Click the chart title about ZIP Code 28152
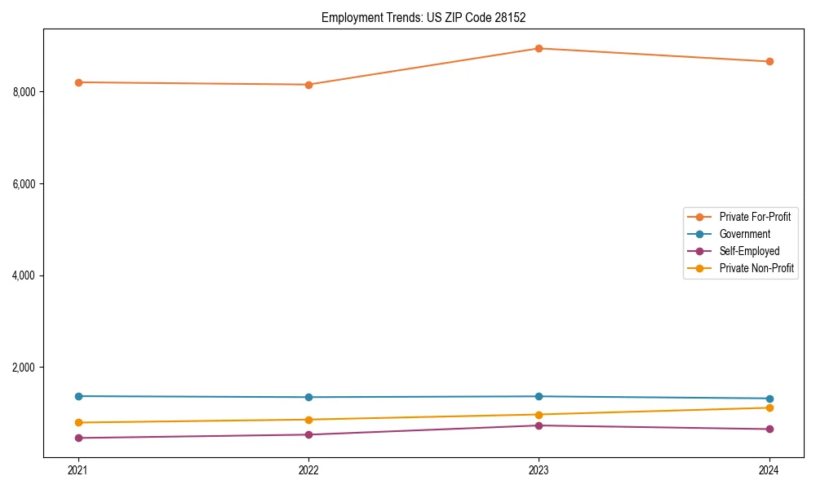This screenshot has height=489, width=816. tap(424, 17)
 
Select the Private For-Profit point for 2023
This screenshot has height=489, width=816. tap(539, 48)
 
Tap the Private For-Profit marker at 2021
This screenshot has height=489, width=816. tap(78, 82)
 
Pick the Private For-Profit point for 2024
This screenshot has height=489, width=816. tap(769, 61)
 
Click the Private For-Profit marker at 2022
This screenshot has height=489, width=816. tap(308, 85)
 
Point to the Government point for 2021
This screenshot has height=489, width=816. tap(78, 396)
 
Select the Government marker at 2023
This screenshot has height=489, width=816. tap(539, 396)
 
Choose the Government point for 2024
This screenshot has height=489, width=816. tap(769, 399)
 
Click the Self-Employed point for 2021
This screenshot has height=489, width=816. tap(78, 438)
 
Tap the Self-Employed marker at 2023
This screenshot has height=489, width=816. tap(539, 425)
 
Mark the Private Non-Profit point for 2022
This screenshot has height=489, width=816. tap(308, 420)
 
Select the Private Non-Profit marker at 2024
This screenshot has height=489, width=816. tap(769, 407)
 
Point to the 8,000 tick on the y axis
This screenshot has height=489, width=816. tap(24, 92)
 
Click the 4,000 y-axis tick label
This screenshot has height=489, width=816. tap(24, 275)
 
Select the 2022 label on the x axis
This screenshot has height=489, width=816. tap(308, 470)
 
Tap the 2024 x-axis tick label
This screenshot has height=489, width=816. tap(769, 470)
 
